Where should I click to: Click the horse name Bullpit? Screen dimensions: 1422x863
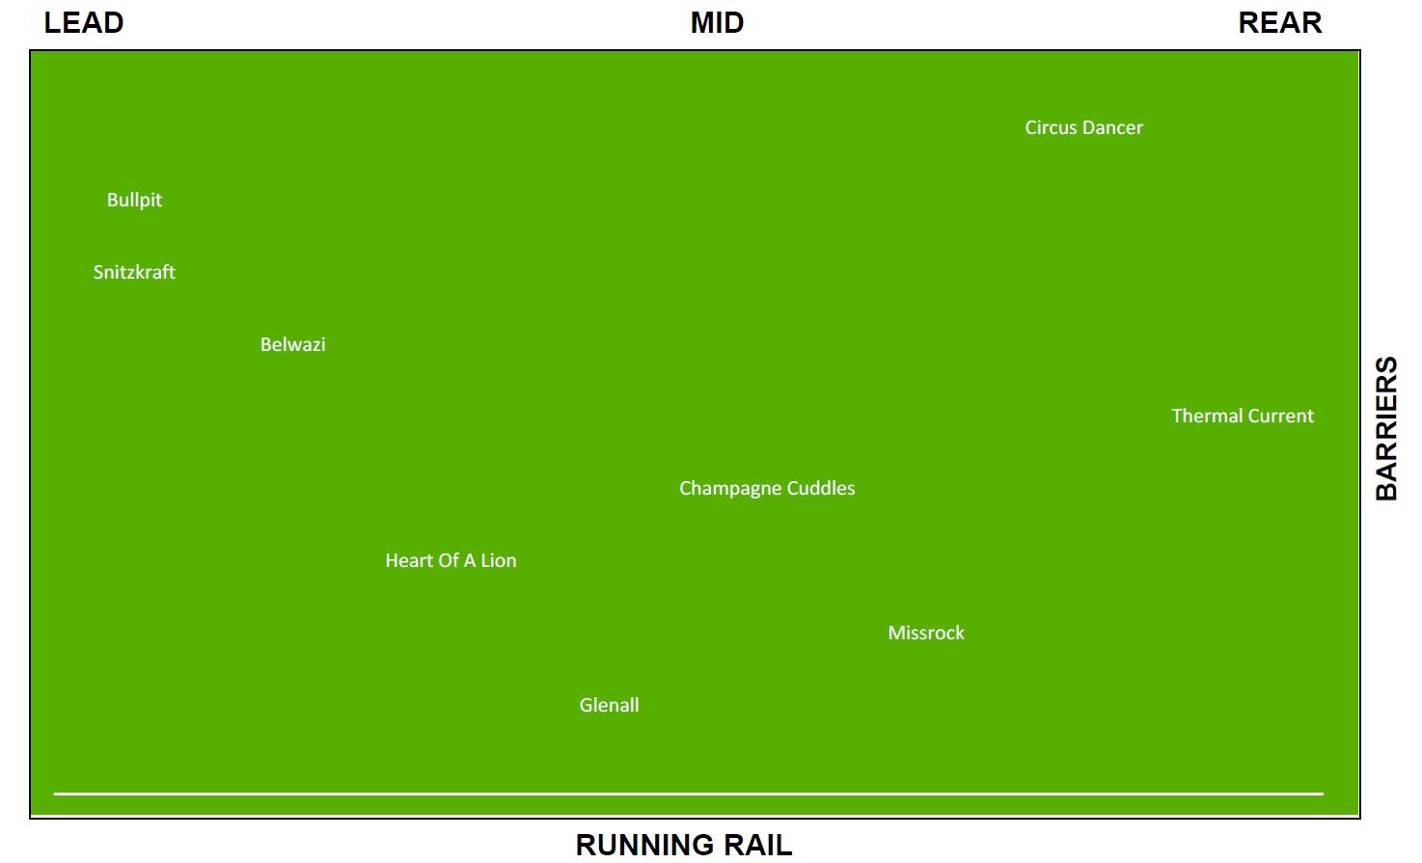(134, 200)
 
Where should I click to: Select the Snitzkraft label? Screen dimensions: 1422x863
(134, 272)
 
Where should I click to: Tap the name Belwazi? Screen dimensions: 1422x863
(292, 344)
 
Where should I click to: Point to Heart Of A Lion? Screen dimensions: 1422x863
(451, 560)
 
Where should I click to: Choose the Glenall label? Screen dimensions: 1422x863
(609, 705)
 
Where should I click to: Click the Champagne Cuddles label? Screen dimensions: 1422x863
(767, 488)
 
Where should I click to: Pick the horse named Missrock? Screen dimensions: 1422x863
(925, 633)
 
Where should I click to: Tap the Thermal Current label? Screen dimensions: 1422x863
(1243, 416)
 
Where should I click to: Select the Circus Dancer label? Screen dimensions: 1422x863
(1083, 127)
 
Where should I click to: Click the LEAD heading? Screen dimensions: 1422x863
(84, 23)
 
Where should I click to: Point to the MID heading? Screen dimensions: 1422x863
(717, 23)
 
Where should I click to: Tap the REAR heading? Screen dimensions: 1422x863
(1280, 23)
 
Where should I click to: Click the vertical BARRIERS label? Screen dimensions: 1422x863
(1386, 428)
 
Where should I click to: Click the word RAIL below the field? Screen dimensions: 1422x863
(756, 846)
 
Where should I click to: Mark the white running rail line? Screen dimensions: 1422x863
(688, 794)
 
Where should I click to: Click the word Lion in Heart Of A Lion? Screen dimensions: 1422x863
(499, 560)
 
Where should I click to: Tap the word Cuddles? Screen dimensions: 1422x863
(820, 488)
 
